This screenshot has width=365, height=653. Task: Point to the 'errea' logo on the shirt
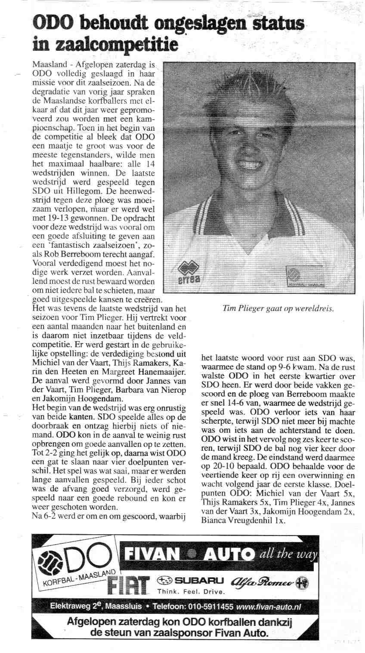point(189,274)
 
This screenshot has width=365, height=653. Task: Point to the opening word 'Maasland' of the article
point(49,65)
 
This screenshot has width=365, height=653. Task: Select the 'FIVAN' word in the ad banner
point(153,555)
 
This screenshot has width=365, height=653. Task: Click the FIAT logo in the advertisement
point(129,584)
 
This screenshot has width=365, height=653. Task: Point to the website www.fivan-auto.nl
point(269,607)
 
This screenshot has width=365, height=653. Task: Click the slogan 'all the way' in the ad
point(288,554)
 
